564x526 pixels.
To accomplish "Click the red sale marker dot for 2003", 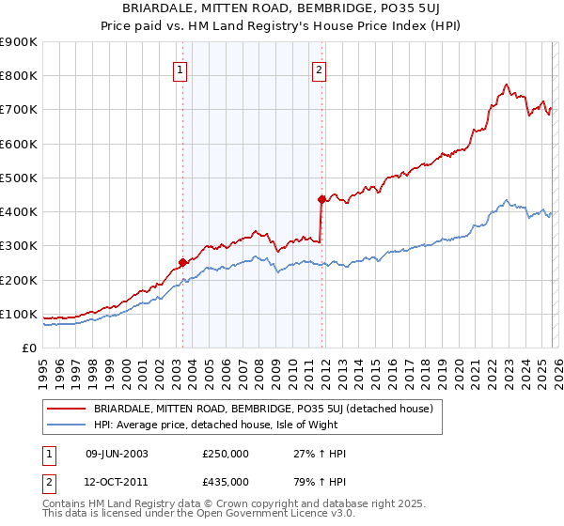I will (x=182, y=263).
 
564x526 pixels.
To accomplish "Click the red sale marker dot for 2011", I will (x=321, y=199).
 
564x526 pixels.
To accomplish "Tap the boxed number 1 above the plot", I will (x=180, y=69).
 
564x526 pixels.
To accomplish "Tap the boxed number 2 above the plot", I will (x=320, y=69).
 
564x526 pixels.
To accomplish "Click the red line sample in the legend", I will (x=67, y=409).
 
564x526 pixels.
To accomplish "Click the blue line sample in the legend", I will (x=67, y=424).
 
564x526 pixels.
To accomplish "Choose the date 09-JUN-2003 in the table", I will (x=117, y=454).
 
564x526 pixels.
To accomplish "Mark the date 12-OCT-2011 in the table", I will (x=117, y=481).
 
